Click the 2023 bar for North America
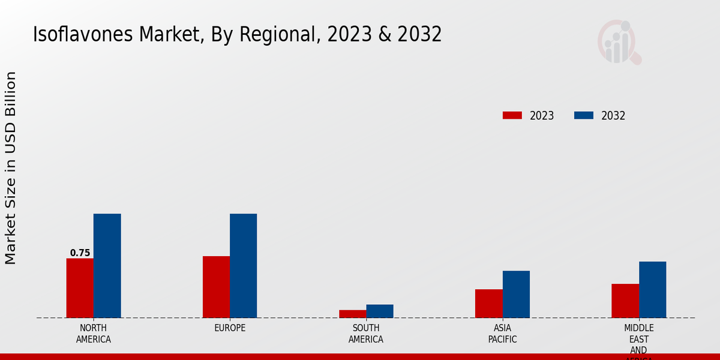80,288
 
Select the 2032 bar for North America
107,266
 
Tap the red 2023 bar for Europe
216,287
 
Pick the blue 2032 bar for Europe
243,266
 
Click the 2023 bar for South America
352,314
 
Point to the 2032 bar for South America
380,311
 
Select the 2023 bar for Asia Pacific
488,304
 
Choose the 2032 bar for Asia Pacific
516,294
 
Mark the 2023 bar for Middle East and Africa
625,301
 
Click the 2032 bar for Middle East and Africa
652,290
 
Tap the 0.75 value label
80,253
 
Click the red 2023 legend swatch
512,115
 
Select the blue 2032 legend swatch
583,115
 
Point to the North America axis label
93,334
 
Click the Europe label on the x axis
230,328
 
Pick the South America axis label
366,334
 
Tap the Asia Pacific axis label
502,334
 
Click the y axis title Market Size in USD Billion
11,168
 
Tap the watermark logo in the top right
619,42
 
